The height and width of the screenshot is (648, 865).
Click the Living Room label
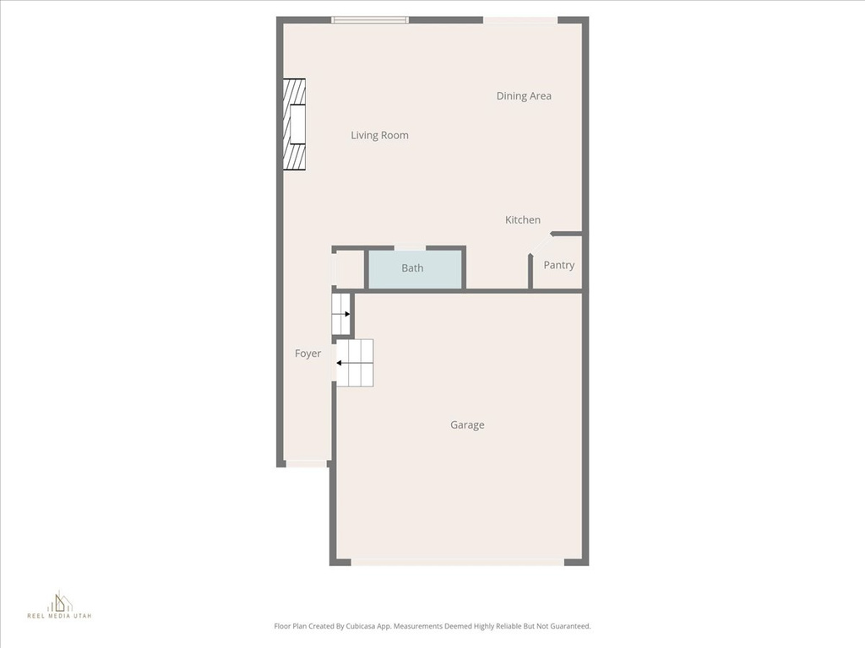pyautogui.click(x=379, y=135)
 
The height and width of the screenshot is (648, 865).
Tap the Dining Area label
pyautogui.click(x=524, y=96)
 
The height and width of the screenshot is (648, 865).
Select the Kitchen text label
pyautogui.click(x=523, y=220)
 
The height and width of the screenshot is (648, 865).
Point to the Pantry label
pyautogui.click(x=558, y=265)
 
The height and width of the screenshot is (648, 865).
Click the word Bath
pyautogui.click(x=412, y=268)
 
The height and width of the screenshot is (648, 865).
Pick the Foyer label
pyautogui.click(x=307, y=354)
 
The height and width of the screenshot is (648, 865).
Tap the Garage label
pyautogui.click(x=467, y=425)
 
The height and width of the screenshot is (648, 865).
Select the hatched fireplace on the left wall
pyautogui.click(x=294, y=124)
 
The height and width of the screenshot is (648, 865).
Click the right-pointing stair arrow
pyautogui.click(x=345, y=314)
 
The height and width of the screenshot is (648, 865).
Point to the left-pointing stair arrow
pyautogui.click(x=340, y=364)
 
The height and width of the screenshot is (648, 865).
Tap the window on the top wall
pyautogui.click(x=370, y=19)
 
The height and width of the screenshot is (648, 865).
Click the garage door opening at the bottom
pyautogui.click(x=458, y=562)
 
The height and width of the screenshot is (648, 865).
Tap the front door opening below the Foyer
pyautogui.click(x=307, y=463)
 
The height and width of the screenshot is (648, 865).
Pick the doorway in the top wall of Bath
pyautogui.click(x=410, y=248)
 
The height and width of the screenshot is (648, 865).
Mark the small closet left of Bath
pyautogui.click(x=349, y=270)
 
